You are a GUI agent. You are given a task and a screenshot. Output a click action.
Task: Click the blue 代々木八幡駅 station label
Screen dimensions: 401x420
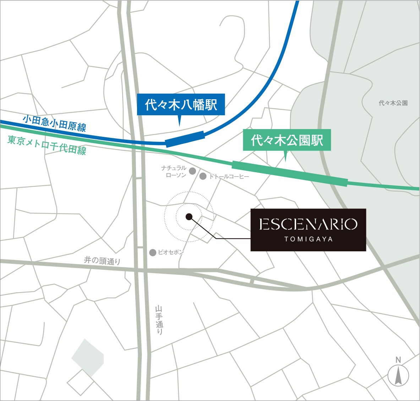pos(181,105)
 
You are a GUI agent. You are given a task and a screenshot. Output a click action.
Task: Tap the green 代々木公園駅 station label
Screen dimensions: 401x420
pos(287,140)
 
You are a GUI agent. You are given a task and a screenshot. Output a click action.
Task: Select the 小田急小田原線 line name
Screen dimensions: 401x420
pos(54,123)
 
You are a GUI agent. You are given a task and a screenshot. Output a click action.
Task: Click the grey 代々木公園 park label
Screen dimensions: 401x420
pos(393,103)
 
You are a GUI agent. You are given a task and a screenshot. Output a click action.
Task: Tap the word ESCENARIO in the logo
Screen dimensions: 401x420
pos(308,224)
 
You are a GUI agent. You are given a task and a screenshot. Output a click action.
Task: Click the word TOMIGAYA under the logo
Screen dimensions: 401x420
pos(308,239)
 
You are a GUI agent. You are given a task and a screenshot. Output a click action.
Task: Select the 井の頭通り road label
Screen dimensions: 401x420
pos(102,261)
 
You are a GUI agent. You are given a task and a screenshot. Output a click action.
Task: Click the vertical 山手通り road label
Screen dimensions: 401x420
pos(159,320)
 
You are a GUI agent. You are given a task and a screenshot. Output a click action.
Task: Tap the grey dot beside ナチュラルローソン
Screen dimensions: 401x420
pos(192,171)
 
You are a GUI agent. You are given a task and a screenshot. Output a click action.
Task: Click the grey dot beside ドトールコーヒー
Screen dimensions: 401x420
pos(203,176)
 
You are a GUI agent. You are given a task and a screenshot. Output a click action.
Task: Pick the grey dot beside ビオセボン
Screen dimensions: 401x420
pos(153,252)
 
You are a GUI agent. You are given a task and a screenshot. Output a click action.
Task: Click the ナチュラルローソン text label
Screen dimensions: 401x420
pos(174,172)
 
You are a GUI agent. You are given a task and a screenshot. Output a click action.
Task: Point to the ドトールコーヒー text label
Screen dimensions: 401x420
pos(229,177)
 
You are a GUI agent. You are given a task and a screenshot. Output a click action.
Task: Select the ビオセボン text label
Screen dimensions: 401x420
pos(171,252)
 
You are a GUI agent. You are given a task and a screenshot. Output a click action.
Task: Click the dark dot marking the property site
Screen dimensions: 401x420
pos(189,217)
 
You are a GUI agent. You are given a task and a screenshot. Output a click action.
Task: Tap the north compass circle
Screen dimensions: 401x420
pos(398,376)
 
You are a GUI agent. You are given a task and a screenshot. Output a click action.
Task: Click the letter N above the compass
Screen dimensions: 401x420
pos(398,360)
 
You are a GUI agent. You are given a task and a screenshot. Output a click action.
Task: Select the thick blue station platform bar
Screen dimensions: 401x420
pos(185,139)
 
